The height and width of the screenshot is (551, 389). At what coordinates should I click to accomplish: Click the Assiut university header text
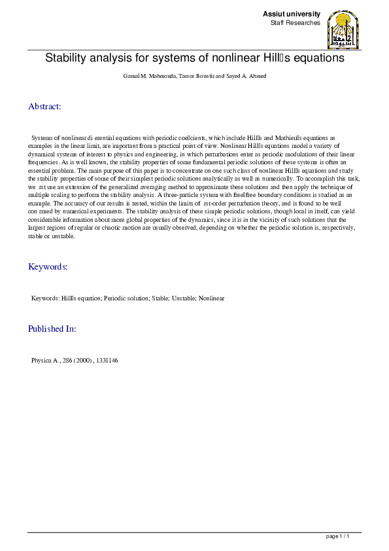pos(292,14)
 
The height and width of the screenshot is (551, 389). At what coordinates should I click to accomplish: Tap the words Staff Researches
pos(296,23)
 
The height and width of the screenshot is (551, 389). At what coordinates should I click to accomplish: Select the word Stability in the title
pos(67,58)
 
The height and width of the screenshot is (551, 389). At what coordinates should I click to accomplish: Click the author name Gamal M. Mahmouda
pos(145,77)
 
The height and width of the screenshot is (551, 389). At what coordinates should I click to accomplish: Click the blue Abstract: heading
pos(44,106)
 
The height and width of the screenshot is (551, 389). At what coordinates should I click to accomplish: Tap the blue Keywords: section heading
pos(48,267)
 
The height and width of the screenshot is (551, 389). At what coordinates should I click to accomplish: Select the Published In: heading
pos(52,329)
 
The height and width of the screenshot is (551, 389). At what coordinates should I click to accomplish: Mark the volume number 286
pos(67,361)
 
